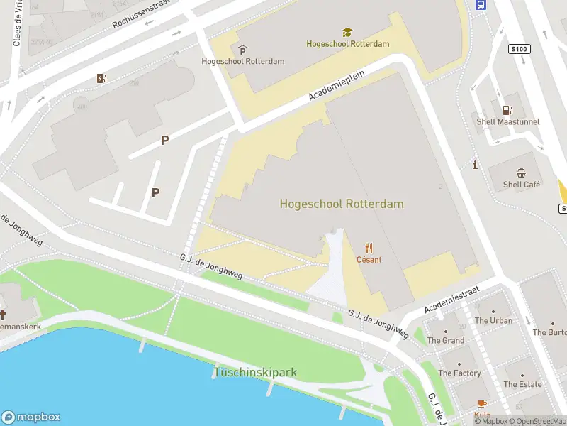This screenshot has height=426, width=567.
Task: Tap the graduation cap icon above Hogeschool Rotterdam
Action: [347, 33]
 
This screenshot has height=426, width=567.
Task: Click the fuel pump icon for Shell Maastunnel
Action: [507, 109]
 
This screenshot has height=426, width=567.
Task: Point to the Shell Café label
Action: [522, 185]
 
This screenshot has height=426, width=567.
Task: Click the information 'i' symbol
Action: [474, 165]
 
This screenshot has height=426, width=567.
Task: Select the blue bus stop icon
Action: [481, 5]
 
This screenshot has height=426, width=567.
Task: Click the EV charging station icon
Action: [102, 78]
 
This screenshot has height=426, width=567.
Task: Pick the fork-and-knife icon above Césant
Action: [369, 248]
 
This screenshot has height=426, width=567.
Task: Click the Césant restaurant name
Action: [369, 260]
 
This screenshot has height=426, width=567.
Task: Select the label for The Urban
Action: [493, 320]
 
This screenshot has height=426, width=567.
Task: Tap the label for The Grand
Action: [445, 340]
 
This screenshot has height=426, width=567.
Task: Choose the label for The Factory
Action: [459, 373]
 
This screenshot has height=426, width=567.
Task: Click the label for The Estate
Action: [522, 384]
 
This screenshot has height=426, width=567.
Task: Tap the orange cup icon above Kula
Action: [483, 404]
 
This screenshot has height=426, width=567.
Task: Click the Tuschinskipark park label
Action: [255, 372]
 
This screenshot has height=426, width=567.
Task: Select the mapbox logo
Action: [31, 417]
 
